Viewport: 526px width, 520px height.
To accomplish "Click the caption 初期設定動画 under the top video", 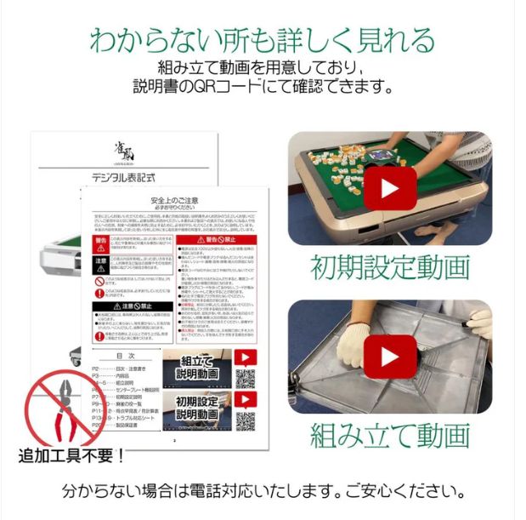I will point(390,266).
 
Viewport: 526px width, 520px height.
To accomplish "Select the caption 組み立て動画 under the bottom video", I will point(390,435).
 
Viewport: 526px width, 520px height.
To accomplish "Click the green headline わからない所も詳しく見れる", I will point(263,40).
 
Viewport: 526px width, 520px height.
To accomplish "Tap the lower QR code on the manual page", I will point(246,420).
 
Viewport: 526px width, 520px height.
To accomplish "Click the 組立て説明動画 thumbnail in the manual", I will point(197,368).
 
